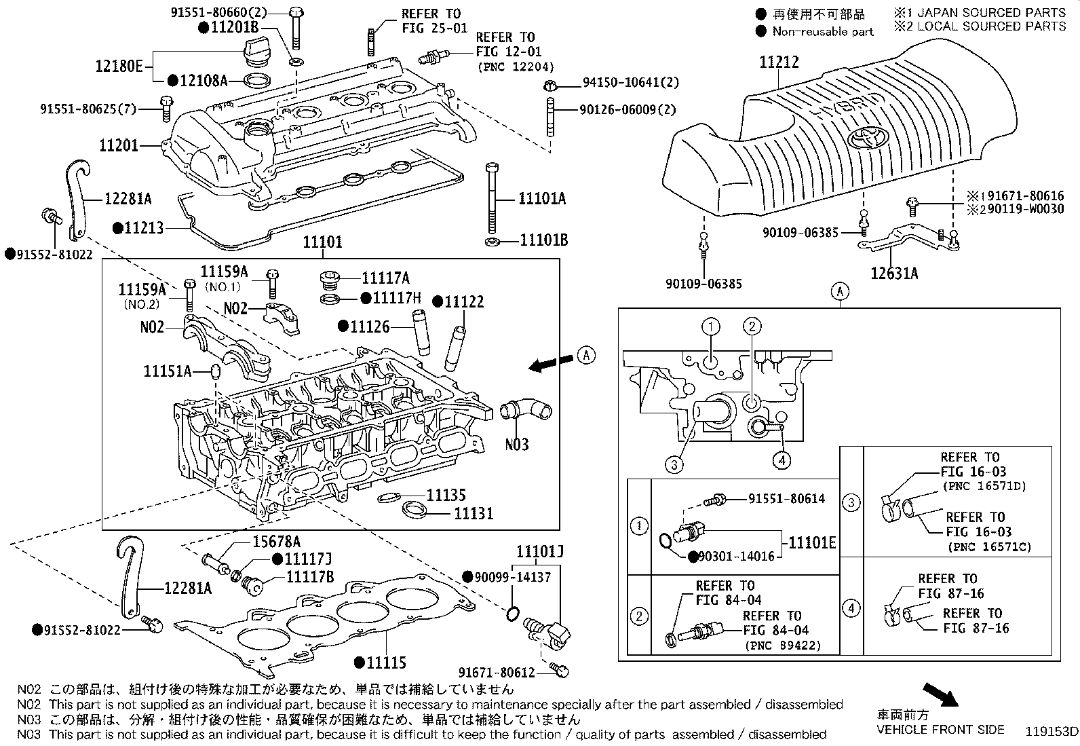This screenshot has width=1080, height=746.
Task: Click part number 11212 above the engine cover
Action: pos(779,62)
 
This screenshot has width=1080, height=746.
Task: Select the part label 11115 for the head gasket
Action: pos(386,663)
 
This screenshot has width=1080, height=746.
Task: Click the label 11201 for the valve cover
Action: pos(119,145)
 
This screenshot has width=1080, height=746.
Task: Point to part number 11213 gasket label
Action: pos(144,228)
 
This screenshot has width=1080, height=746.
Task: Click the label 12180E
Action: pos(119,66)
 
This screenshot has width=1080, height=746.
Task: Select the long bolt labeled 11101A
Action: pos(493,197)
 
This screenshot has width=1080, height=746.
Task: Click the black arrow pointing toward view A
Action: pos(550,364)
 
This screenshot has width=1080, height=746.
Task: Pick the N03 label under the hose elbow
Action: pos(517,445)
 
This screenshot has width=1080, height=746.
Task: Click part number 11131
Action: pos(474,513)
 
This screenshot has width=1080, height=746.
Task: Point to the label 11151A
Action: pos(168,371)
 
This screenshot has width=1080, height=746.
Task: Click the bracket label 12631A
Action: pos(895,273)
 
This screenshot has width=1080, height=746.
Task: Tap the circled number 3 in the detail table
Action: pos(851,503)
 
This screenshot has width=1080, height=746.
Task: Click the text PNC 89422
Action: pos(783,645)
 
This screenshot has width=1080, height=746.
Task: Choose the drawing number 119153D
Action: pos(1051,731)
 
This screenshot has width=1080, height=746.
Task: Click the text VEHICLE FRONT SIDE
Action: pos(940,730)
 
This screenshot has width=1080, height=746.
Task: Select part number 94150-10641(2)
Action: pos(630,83)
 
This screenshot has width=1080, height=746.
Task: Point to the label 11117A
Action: pos(385,278)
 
